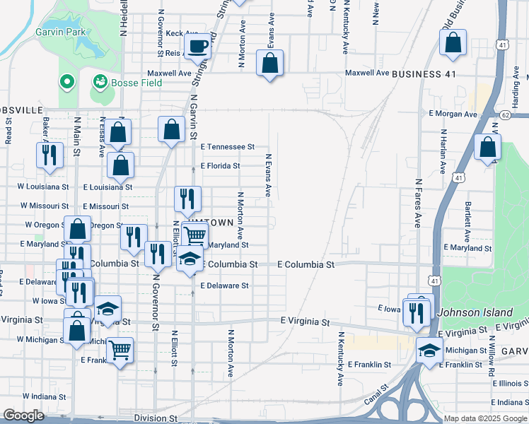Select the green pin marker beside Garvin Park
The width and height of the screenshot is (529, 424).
(x=67, y=83)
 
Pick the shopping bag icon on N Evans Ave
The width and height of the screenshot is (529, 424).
(x=270, y=64)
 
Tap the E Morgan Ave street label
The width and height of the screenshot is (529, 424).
(x=450, y=113)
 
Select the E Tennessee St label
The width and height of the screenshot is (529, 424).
(x=227, y=147)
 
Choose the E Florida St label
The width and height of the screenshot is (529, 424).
(x=221, y=166)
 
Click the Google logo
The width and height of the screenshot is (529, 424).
(x=24, y=416)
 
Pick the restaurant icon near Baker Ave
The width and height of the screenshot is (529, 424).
(x=50, y=156)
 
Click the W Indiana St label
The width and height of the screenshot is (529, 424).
(x=45, y=396)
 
